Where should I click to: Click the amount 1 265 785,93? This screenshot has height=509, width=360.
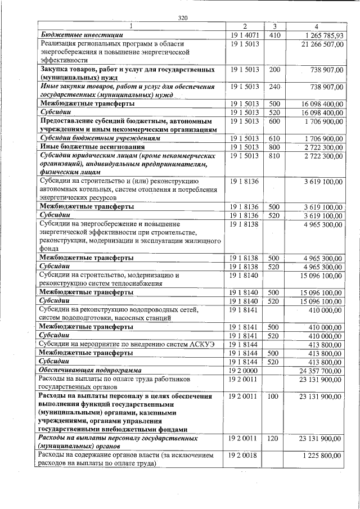[322, 35]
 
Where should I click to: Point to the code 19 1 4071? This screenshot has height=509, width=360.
[244, 35]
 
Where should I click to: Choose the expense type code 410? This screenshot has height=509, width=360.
[275, 35]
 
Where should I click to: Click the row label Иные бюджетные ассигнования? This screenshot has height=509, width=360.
[82, 147]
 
